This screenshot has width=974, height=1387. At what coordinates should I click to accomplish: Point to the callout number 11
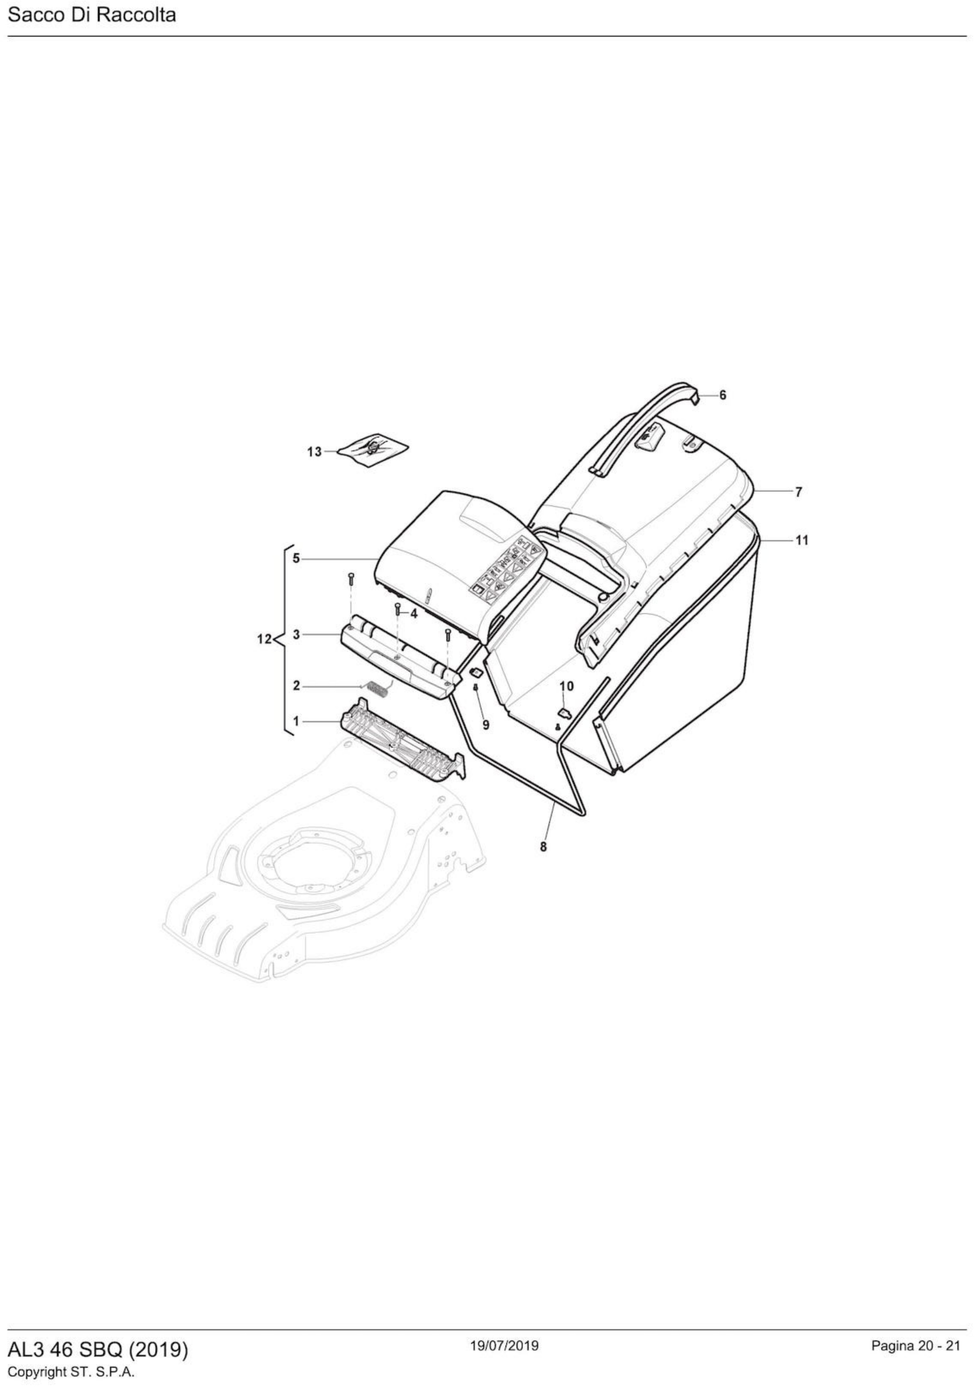coord(801,541)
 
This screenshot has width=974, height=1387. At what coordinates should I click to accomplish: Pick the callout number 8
coord(543,847)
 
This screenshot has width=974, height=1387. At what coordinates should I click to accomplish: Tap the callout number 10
coord(566,686)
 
